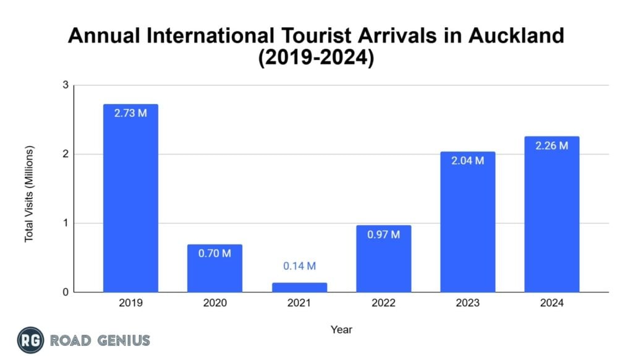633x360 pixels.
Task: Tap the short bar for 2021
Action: tap(299, 287)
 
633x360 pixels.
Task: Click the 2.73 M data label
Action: tap(130, 114)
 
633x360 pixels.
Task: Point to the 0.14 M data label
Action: tap(299, 266)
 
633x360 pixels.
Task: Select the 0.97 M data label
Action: tap(383, 235)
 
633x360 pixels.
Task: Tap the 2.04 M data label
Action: tap(467, 161)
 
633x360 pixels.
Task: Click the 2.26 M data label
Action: tap(551, 146)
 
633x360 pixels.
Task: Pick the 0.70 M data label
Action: tap(215, 254)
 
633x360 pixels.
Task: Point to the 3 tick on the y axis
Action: tap(64, 85)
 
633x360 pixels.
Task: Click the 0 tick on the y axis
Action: tap(64, 292)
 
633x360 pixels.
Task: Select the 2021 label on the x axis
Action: tap(299, 304)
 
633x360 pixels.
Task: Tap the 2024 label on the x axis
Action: tap(551, 304)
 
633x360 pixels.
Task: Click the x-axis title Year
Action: tap(341, 329)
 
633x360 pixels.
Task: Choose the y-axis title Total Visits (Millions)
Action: tap(29, 194)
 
